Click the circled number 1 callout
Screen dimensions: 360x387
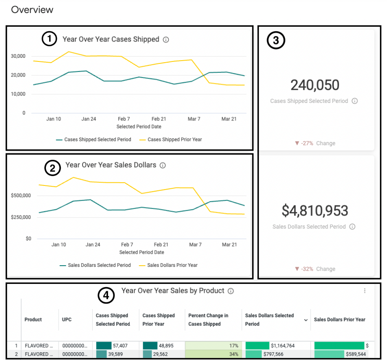pyautogui.click(x=50, y=39)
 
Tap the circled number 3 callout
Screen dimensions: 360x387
pyautogui.click(x=276, y=41)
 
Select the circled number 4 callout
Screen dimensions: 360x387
pyautogui.click(x=106, y=296)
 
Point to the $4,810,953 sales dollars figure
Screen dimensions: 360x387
pyautogui.click(x=315, y=211)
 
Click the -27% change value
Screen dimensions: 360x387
pyautogui.click(x=307, y=143)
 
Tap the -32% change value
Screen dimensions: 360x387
pyautogui.click(x=307, y=269)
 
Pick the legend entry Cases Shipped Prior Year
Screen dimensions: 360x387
pyautogui.click(x=174, y=140)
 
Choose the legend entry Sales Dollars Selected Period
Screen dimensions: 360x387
pyautogui.click(x=99, y=265)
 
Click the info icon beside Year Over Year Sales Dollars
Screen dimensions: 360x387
pyautogui.click(x=163, y=166)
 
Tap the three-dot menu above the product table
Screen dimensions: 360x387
pyautogui.click(x=365, y=291)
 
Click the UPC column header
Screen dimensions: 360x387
pyautogui.click(x=67, y=320)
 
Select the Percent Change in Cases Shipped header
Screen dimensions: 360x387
pyautogui.click(x=208, y=320)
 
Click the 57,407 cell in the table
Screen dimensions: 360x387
pyautogui.click(x=120, y=346)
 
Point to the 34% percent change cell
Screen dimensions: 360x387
pyautogui.click(x=234, y=354)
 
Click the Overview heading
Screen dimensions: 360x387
pyautogui.click(x=32, y=9)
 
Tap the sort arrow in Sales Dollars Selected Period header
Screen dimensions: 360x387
pyautogui.click(x=306, y=321)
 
